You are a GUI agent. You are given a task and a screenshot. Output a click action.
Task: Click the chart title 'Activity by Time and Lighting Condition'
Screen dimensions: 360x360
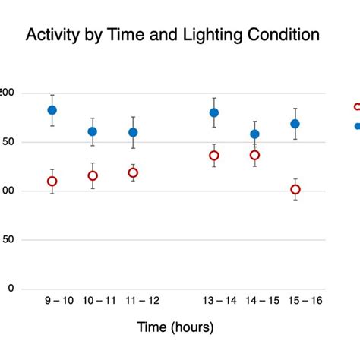coord(172,35)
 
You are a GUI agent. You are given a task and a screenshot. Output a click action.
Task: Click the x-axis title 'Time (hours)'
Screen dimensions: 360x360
coord(175,327)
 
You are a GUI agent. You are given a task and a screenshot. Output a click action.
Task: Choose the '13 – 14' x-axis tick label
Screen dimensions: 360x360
coord(219,301)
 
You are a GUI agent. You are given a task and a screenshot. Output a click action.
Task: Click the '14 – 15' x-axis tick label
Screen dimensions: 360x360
coord(260,301)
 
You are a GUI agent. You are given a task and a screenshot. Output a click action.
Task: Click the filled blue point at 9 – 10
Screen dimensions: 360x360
coord(52,110)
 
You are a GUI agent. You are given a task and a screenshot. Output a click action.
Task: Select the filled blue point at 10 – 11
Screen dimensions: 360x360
coord(93,131)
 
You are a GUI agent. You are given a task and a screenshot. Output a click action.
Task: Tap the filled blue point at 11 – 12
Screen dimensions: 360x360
coord(133,132)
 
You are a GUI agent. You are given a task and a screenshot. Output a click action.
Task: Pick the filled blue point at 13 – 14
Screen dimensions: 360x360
coord(214,112)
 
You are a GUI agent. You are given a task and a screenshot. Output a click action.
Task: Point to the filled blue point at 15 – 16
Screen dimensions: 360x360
coord(295,124)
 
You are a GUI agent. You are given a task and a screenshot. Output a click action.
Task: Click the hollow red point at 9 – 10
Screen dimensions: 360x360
coord(52,181)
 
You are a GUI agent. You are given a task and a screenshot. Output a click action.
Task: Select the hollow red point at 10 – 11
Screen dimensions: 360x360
coord(93,175)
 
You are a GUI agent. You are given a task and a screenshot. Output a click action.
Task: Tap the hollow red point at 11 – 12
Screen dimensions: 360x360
coord(133,172)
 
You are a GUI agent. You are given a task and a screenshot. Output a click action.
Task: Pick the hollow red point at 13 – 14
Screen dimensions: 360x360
coord(214,156)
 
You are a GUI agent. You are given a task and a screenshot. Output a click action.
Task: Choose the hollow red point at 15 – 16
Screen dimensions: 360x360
coord(295,189)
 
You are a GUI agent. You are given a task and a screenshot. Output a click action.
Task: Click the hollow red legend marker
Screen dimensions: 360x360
coord(357,107)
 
